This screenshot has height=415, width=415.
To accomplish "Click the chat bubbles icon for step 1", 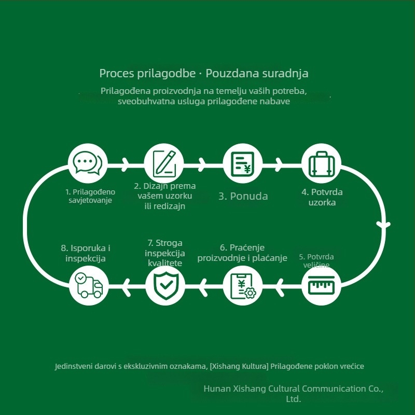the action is pyautogui.click(x=88, y=163).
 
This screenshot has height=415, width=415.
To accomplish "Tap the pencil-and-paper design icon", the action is pyautogui.click(x=164, y=163).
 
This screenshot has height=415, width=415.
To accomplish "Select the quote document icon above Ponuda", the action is pyautogui.click(x=242, y=163).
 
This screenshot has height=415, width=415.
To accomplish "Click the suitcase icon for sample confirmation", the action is pyautogui.click(x=321, y=163).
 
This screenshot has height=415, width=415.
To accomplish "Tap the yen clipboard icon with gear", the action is pyautogui.click(x=243, y=286).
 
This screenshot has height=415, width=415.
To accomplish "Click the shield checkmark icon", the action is pyautogui.click(x=165, y=286).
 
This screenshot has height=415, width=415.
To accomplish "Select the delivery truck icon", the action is pyautogui.click(x=89, y=286).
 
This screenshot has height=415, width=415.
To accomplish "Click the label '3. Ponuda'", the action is pyautogui.click(x=243, y=196).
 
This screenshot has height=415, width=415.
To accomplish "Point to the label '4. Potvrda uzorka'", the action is pyautogui.click(x=322, y=197).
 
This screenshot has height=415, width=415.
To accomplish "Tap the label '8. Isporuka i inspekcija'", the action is pyautogui.click(x=86, y=253).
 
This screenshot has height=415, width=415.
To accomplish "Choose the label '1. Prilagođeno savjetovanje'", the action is pyautogui.click(x=90, y=196).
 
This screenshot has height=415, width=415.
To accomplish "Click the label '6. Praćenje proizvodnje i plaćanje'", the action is pyautogui.click(x=242, y=253).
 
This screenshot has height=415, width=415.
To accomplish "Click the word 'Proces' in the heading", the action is pyautogui.click(x=117, y=74).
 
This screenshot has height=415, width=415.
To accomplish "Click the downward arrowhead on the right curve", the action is pyautogui.click(x=383, y=225).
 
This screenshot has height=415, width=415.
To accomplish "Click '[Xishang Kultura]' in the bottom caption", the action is pyautogui.click(x=239, y=366).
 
